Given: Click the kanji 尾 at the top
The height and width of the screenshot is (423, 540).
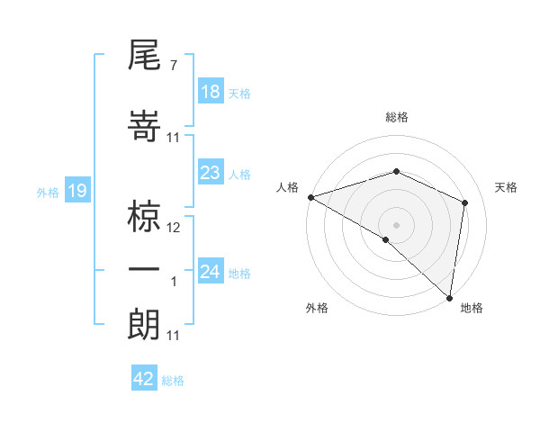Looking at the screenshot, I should click(145, 57).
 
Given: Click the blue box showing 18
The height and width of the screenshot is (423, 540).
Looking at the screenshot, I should click(211, 92).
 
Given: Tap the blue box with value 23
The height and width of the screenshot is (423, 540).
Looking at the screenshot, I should click(211, 173).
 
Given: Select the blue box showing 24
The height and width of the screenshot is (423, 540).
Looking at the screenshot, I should click(211, 271).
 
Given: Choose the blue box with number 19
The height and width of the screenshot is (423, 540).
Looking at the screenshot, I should click(76, 190).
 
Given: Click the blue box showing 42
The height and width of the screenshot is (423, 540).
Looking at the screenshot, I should click(144, 379).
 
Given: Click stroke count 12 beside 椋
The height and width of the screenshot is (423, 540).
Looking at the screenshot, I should click(175, 228).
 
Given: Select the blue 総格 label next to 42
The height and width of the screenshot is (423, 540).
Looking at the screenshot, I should click(174, 381).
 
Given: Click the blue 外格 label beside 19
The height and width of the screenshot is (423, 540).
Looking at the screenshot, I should click(48, 192).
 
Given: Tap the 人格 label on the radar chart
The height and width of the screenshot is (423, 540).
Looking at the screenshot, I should click(288, 187).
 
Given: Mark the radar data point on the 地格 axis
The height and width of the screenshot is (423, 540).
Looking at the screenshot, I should click(449, 297).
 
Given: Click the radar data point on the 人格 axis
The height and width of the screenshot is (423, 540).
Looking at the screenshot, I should click(310, 197).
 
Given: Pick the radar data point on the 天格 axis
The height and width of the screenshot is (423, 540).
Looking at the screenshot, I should click(465, 202).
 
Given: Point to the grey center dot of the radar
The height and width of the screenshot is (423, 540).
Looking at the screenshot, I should click(396, 223).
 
